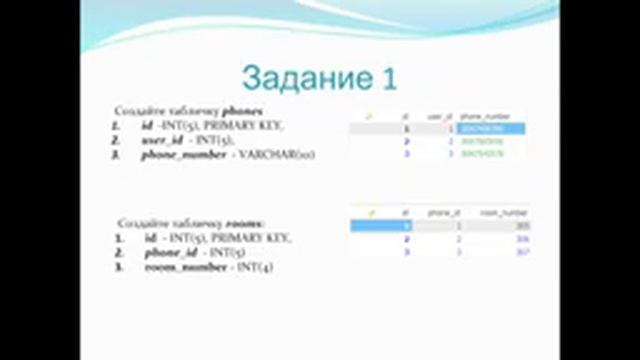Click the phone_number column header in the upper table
[x=478, y=116]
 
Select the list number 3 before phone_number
[x=116, y=156]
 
